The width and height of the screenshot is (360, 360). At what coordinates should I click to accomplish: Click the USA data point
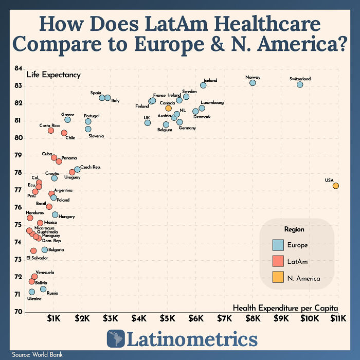pos(335,186)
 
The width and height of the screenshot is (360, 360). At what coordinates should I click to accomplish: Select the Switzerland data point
pos(300,84)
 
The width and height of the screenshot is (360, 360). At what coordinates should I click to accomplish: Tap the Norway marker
pos(253,83)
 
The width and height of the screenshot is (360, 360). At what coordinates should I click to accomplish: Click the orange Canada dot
pos(168,108)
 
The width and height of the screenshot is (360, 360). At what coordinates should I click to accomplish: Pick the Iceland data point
pos(203,85)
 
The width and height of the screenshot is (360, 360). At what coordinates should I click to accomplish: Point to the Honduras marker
pos(30,218)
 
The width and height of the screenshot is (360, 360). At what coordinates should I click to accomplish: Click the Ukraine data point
pos(32,292)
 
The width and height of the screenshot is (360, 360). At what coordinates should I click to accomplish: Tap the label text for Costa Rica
pos(48,125)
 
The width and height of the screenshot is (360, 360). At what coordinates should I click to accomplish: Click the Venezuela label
pos(45,272)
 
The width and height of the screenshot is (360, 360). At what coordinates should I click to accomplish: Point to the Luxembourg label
pos(212,103)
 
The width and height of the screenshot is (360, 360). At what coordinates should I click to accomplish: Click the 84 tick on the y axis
pos(18,68)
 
